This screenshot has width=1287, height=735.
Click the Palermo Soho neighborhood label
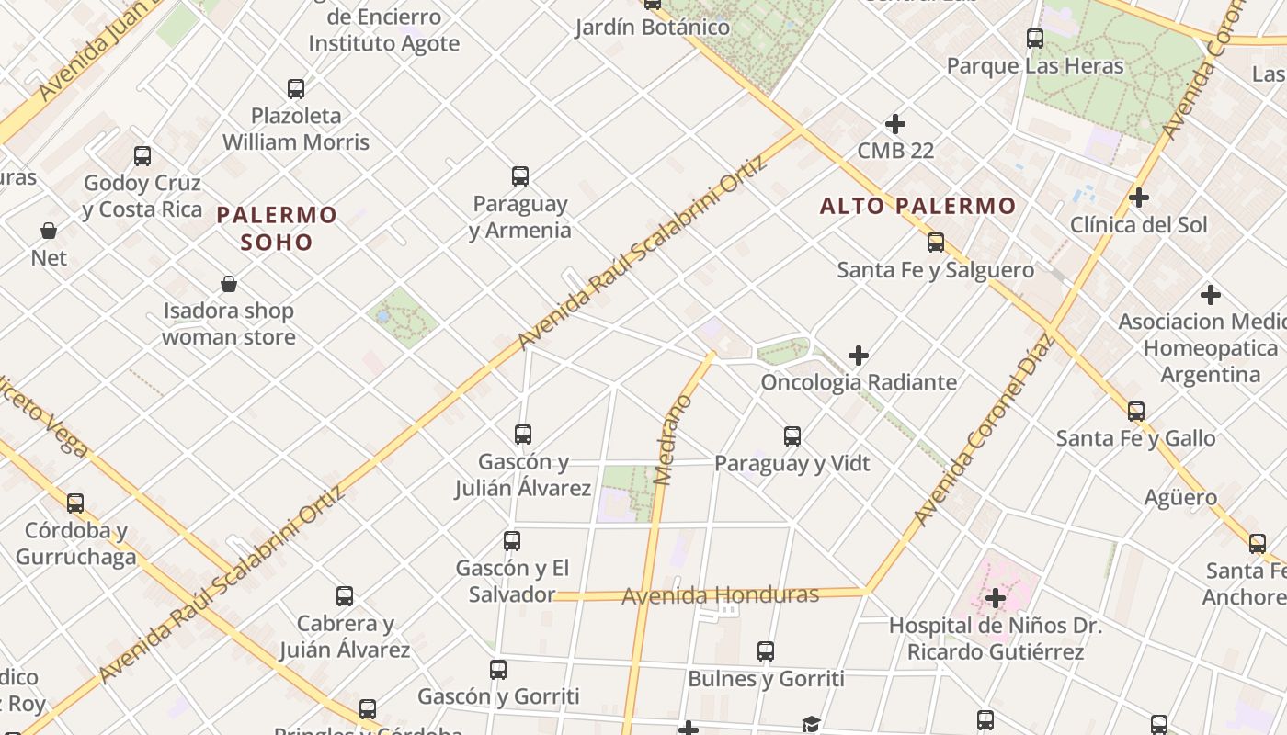coord(277,229)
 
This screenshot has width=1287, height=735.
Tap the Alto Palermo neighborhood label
coord(917,206)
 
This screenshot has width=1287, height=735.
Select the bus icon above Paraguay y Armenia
coord(520,175)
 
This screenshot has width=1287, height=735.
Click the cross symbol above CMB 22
coord(894,123)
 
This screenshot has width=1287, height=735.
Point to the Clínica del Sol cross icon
coord(1139,198)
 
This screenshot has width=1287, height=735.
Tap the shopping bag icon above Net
coord(49,231)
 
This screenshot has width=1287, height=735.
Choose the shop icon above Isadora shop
coord(229,284)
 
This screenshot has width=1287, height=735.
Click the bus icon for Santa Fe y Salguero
coord(936,243)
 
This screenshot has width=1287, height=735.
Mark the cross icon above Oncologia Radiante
coord(859,355)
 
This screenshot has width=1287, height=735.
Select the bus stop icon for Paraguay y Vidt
coord(792,436)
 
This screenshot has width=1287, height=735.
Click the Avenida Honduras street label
coord(720,595)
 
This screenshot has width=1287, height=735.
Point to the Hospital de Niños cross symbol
coord(996,599)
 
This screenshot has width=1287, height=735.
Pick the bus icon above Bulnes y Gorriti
coord(766,651)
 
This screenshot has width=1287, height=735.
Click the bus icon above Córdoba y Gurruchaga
coord(75,503)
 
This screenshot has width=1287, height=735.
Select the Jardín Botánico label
coord(653,28)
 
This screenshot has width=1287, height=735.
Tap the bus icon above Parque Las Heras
coord(1035,39)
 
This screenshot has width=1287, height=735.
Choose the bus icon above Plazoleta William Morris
coord(296,89)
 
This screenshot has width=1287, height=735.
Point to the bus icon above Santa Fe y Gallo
coord(1136,412)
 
